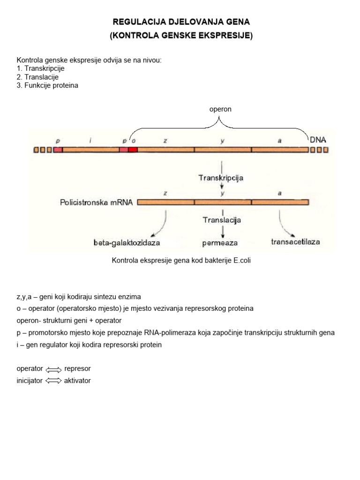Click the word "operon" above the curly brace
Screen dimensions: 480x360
click(220, 109)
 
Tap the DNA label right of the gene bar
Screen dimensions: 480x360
click(318, 140)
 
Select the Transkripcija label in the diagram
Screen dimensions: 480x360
click(221, 178)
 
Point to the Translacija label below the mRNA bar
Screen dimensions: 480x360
click(222, 219)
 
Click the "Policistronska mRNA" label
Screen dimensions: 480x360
click(96, 202)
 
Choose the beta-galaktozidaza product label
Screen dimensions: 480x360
click(127, 243)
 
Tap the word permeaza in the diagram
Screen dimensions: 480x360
click(220, 243)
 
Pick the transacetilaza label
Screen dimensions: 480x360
click(295, 242)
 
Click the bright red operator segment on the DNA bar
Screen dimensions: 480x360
click(133, 150)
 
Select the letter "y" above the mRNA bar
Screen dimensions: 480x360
click(222, 193)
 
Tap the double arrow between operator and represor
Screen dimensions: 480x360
click(53, 369)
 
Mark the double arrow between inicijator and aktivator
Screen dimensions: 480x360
click(53, 381)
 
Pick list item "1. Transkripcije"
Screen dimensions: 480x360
click(40, 68)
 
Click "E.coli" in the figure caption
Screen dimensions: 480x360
click(242, 261)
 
